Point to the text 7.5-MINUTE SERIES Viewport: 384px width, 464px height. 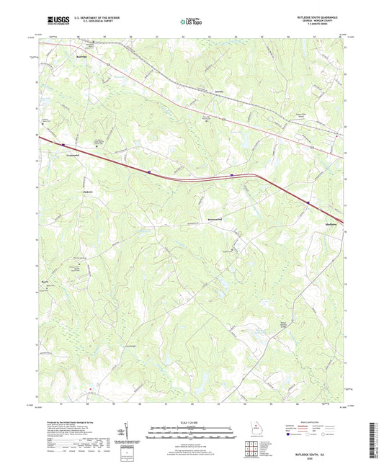point(326,29)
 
